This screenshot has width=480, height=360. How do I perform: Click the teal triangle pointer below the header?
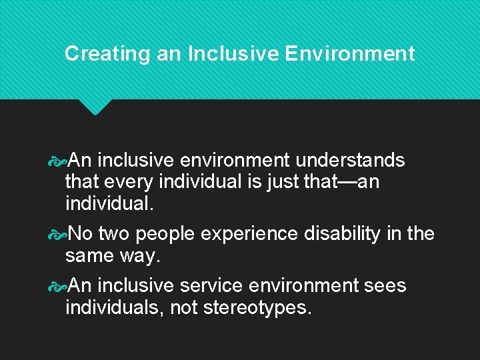[x=95, y=106]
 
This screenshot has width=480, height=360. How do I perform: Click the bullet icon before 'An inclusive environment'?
[x=59, y=161]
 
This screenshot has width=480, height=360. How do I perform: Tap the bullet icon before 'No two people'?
[x=59, y=234]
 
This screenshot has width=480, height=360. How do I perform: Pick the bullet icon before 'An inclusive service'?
[x=59, y=286]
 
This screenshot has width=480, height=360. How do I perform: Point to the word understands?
[x=350, y=161]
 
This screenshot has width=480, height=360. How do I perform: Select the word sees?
[x=385, y=286]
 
